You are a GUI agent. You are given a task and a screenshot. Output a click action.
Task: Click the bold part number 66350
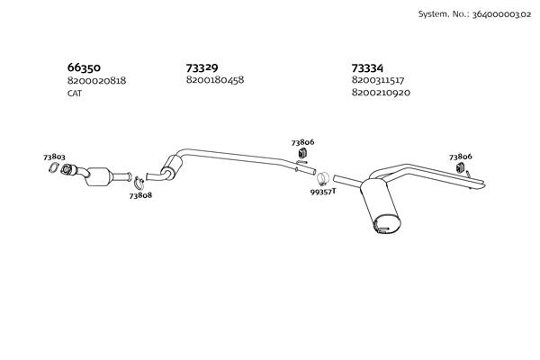pyautogui.click(x=84, y=67)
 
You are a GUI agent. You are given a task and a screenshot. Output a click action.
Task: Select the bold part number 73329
pyautogui.click(x=202, y=67)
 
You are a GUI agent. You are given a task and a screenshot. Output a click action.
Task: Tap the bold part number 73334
pyautogui.click(x=367, y=67)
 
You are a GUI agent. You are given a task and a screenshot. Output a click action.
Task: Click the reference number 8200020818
pyautogui.click(x=96, y=81)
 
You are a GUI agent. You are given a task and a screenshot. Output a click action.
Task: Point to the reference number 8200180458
pyautogui.click(x=215, y=80)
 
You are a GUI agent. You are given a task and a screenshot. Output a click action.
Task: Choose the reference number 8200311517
pyautogui.click(x=378, y=80)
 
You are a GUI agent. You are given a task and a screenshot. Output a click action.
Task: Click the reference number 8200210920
pyautogui.click(x=381, y=93)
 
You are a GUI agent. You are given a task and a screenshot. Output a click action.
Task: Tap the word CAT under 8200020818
pyautogui.click(x=75, y=94)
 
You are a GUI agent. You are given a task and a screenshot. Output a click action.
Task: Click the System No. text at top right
pyautogui.click(x=474, y=14)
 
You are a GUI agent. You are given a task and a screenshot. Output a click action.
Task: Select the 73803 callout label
pyautogui.click(x=54, y=157)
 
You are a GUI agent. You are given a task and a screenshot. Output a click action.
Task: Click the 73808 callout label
pyautogui.click(x=140, y=195)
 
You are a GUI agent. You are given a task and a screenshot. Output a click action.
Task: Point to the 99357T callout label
pyautogui.click(x=323, y=192)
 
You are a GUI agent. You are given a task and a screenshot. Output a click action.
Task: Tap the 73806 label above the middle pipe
pyautogui.click(x=302, y=142)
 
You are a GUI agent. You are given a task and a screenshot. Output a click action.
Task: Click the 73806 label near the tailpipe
pyautogui.click(x=461, y=157)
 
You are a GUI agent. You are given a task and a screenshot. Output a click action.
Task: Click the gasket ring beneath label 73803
pyautogui.click(x=53, y=167)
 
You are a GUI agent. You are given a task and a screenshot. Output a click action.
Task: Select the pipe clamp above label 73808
pyautogui.click(x=139, y=183)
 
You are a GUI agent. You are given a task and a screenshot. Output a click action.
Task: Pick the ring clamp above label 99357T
pyautogui.click(x=322, y=179)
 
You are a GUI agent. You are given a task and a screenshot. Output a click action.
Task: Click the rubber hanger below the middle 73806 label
pyautogui.click(x=302, y=152)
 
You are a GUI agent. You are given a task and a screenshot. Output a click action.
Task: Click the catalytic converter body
pyautogui.click(x=100, y=176)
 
